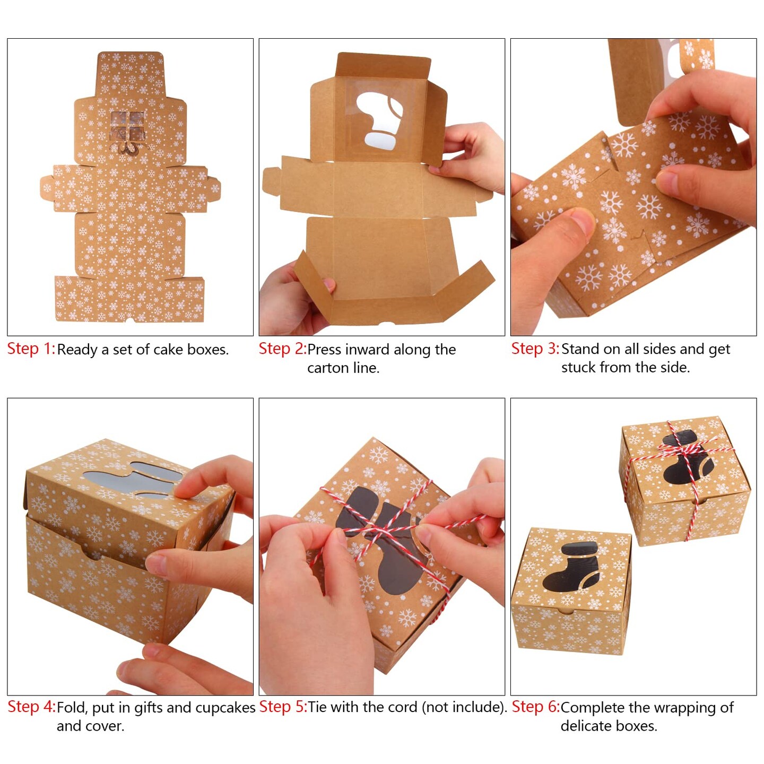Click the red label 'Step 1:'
pos(31,349)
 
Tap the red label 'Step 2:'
pos(282,349)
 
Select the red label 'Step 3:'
pos(535,349)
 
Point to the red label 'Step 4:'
pos(31,707)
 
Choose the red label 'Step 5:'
pos(283,707)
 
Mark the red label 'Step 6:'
pos(535,707)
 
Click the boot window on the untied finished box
pos(571,567)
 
